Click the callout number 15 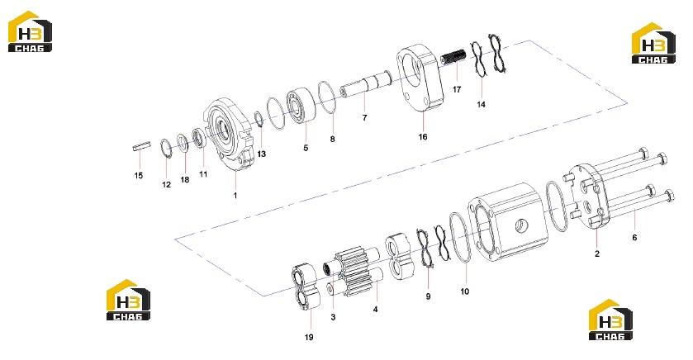(x=138, y=175)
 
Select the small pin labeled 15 (x=142, y=146)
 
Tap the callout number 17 (x=457, y=89)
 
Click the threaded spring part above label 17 (x=453, y=58)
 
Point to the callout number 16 (x=423, y=136)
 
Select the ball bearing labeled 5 (x=301, y=106)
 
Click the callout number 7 (x=364, y=117)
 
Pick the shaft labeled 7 (x=366, y=84)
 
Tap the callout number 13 (x=262, y=154)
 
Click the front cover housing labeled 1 (x=229, y=134)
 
